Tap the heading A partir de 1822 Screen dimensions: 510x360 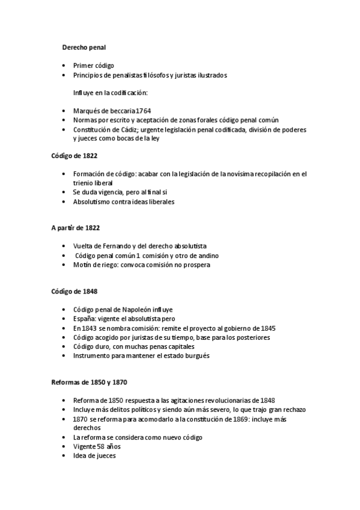(75, 228)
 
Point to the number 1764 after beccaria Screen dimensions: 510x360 (143, 111)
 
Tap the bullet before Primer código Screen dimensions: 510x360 (64, 65)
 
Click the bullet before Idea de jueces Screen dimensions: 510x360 (64, 456)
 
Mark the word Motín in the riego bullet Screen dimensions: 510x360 (82, 265)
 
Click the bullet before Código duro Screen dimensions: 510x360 (64, 346)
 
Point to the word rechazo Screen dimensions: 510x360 (294, 410)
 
